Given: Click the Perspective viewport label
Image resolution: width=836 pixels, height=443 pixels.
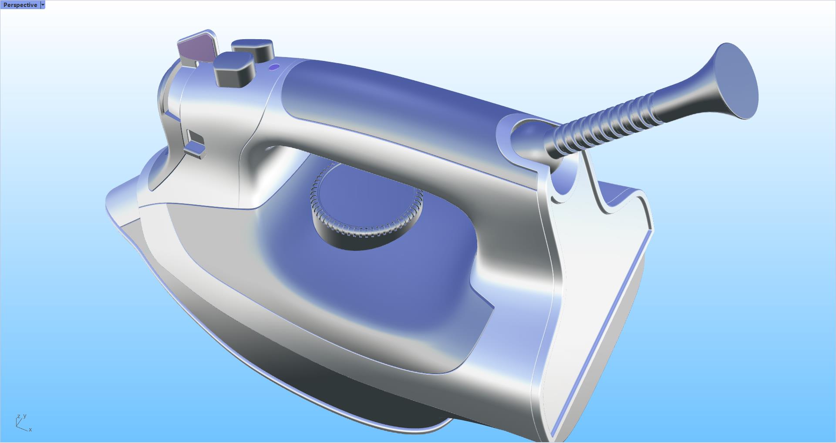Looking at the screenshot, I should point(20,5).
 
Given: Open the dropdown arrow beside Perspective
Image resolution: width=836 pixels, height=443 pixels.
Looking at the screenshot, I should point(43,5).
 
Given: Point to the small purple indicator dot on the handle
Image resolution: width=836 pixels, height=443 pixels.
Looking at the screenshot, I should point(274,67).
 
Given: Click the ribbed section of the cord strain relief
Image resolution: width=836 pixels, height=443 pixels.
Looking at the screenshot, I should point(610,124).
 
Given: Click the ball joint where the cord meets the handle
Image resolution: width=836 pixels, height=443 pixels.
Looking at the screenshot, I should point(529,139).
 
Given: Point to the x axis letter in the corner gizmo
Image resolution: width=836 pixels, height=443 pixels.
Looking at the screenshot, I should point(30,430).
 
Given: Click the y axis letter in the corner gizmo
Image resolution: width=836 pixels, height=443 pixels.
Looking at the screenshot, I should point(25,416).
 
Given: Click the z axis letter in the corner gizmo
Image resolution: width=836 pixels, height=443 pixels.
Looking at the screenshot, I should point(18,417).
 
